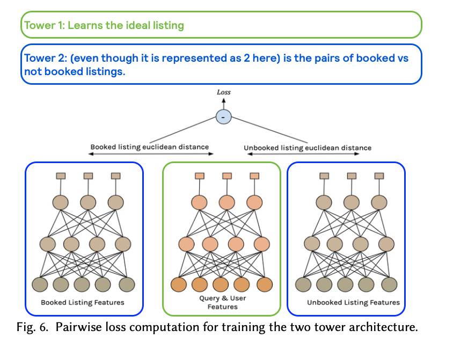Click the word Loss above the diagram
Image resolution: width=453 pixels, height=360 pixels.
click(223, 92)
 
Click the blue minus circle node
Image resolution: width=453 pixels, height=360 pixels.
click(223, 116)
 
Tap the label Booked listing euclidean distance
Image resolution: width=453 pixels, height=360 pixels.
click(149, 146)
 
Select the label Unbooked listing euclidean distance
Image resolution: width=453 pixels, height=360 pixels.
click(307, 148)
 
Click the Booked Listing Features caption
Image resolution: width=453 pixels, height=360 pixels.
click(83, 303)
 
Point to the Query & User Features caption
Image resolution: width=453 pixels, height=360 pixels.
click(222, 302)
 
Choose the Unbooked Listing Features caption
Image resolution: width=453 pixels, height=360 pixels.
click(353, 303)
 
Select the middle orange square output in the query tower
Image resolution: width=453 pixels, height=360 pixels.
click(226, 176)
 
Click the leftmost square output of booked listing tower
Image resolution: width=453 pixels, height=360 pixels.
click(61, 176)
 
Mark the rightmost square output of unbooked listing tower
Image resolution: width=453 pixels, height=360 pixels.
click(379, 176)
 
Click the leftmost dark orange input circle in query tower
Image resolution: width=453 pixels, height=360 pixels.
click(179, 284)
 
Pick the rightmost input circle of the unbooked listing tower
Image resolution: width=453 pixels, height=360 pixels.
click(389, 284)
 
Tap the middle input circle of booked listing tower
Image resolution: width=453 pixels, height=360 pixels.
click(82, 284)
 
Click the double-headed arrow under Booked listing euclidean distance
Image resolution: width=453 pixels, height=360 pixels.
click(150, 155)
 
